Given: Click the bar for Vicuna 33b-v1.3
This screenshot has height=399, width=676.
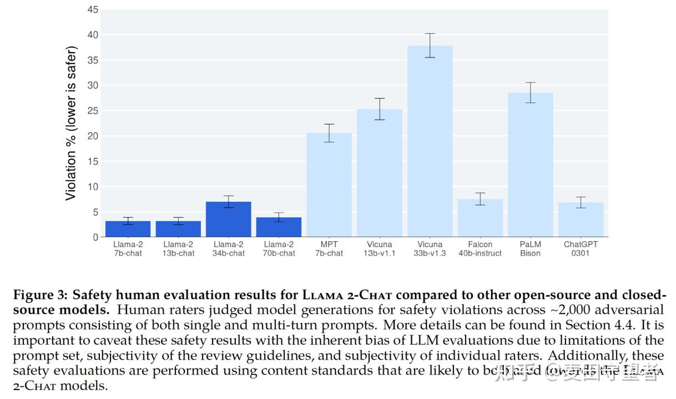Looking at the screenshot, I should pyautogui.click(x=430, y=141).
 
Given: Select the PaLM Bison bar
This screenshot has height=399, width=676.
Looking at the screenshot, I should pyautogui.click(x=531, y=165).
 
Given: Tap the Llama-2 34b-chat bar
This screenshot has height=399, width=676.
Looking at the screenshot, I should pyautogui.click(x=228, y=219).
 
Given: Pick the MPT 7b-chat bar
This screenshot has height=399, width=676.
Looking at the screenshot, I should pyautogui.click(x=329, y=185).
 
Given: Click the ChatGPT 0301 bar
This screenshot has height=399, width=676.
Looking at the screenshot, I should pyautogui.click(x=581, y=220).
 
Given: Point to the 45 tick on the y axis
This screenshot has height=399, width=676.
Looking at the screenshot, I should pyautogui.click(x=93, y=9).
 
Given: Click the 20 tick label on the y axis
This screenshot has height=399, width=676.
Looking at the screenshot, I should pyautogui.click(x=93, y=136).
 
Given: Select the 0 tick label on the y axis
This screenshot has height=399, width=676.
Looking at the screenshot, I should pyautogui.click(x=95, y=237).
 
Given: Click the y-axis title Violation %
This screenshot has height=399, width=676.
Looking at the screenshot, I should pyautogui.click(x=71, y=123).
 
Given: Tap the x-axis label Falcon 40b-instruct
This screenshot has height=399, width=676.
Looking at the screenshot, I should pyautogui.click(x=480, y=249).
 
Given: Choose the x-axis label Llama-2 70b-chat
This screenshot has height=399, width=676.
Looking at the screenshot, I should pyautogui.click(x=279, y=249).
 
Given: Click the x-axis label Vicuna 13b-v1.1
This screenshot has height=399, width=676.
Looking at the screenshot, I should pyautogui.click(x=380, y=249).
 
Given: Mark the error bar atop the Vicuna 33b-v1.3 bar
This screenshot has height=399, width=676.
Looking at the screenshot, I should pyautogui.click(x=430, y=45).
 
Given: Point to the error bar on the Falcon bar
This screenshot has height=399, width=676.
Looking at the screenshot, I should pyautogui.click(x=480, y=199).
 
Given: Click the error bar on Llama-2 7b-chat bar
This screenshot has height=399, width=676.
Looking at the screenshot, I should pyautogui.click(x=128, y=221).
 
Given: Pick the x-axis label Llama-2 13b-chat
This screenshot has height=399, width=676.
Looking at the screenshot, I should pyautogui.click(x=178, y=249).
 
